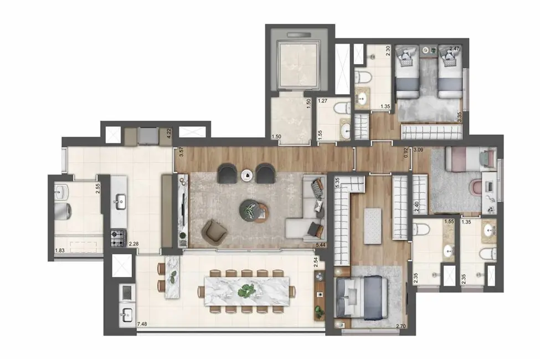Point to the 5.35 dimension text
coord(337,184)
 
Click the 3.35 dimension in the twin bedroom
coord(459,117)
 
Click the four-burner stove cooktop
coord(119,238)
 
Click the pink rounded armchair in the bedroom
coord(476,187)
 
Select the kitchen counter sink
coord(120,203)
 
